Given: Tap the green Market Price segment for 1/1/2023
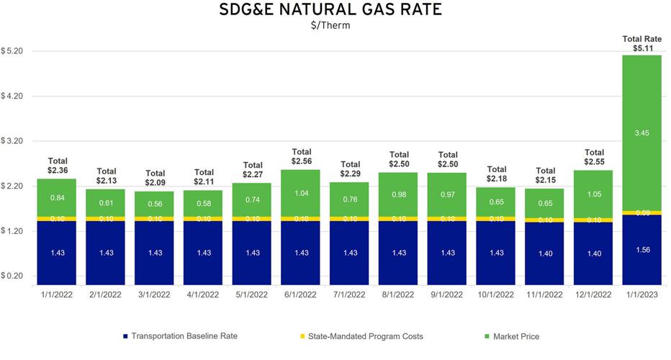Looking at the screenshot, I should point(642,133).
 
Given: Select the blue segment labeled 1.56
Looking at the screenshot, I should point(642,249).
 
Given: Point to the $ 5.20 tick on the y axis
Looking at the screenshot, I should point(14,52).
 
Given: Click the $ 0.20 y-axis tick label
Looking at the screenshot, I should point(14,276).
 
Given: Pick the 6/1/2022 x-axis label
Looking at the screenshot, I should point(301,294).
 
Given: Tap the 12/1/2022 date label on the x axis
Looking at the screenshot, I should point(593,294).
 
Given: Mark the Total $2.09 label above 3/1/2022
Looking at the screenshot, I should point(155,178).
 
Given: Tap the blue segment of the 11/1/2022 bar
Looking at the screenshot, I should point(545,252).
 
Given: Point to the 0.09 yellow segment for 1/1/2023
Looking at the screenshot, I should point(642,212).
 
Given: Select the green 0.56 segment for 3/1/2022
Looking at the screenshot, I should point(155,203).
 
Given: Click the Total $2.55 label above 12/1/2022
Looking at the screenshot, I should point(593,157).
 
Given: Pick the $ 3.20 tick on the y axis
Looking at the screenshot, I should point(14,142).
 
